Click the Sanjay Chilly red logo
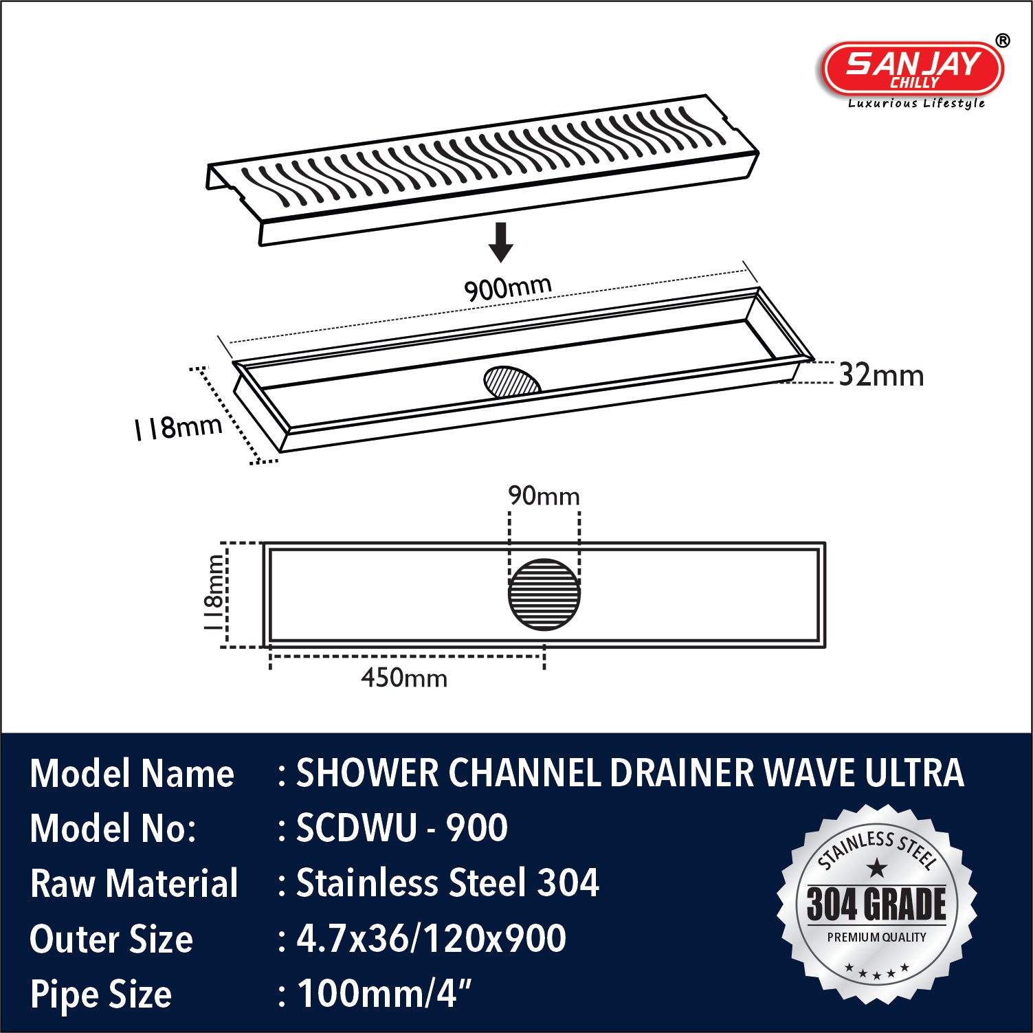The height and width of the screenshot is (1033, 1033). [x=913, y=68]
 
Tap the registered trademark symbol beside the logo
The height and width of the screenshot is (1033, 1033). [x=1003, y=41]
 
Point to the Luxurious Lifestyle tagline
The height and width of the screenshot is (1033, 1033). [x=916, y=104]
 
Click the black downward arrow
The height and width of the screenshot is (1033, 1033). [x=501, y=242]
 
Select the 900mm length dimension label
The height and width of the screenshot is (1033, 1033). [x=508, y=287]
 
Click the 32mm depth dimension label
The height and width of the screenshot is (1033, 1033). [x=882, y=375]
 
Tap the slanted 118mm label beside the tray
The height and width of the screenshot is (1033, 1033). [x=178, y=427]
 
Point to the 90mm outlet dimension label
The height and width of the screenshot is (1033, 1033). [x=544, y=496]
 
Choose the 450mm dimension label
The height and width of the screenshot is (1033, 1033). [x=404, y=678]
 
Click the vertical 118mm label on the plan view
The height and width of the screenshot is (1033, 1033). [x=214, y=593]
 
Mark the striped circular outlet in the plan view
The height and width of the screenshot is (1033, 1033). [x=544, y=595]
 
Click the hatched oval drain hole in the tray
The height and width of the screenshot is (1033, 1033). [x=512, y=382]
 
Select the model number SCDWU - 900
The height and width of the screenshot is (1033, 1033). [x=402, y=827]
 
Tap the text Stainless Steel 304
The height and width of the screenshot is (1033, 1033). [x=447, y=882]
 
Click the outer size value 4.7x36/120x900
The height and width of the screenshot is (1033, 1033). [x=431, y=938]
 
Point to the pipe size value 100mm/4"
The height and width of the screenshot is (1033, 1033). [x=384, y=993]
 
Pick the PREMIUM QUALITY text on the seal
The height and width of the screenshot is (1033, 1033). [x=876, y=937]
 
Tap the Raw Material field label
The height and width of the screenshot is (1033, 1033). [x=134, y=883]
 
